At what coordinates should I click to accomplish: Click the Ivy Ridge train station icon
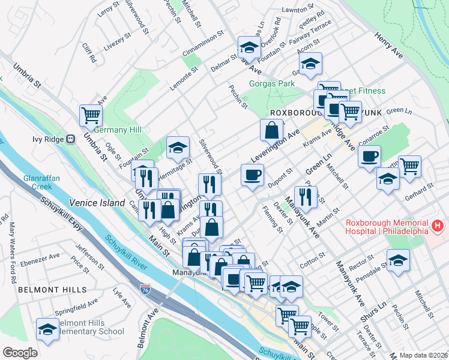click(70, 139)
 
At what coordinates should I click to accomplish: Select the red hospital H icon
click(438, 227)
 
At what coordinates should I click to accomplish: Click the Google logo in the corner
click(20, 353)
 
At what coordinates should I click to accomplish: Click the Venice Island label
click(97, 203)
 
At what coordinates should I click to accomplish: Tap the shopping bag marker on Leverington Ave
click(272, 129)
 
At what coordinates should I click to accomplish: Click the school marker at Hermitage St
click(178, 147)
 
